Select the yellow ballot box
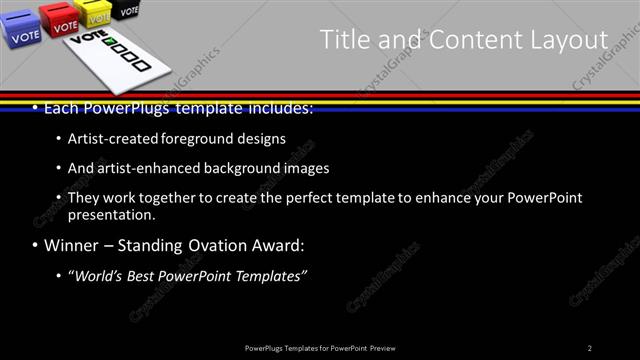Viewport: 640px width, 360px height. pyautogui.click(x=97, y=14)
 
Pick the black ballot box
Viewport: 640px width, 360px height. pyautogui.click(x=126, y=9)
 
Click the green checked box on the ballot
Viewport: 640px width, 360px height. pyautogui.click(x=111, y=46)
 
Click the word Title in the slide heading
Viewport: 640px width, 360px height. pyautogui.click(x=342, y=40)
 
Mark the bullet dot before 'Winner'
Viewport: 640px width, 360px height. pyautogui.click(x=36, y=246)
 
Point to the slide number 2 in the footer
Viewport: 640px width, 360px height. pyautogui.click(x=590, y=347)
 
